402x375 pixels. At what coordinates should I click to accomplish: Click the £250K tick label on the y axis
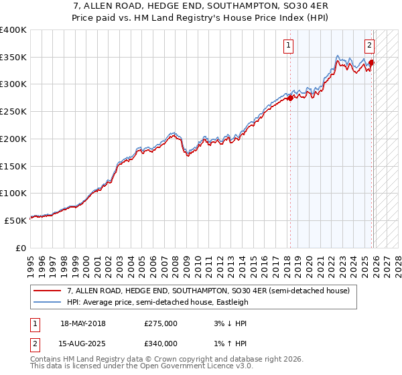pyautogui.click(x=13, y=111)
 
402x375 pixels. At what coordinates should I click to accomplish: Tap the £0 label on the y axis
pyautogui.click(x=21, y=248)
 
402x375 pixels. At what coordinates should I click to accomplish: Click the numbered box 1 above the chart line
pyautogui.click(x=289, y=46)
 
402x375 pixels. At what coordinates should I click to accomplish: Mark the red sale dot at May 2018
pyautogui.click(x=290, y=98)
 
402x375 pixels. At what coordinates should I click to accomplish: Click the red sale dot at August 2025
pyautogui.click(x=371, y=63)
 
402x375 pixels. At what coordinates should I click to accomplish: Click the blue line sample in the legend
pyautogui.click(x=48, y=302)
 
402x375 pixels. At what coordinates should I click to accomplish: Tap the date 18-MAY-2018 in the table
pyautogui.click(x=83, y=323)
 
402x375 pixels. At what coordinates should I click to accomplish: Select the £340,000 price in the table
pyautogui.click(x=161, y=344)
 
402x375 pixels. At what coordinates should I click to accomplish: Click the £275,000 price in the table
pyautogui.click(x=161, y=323)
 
